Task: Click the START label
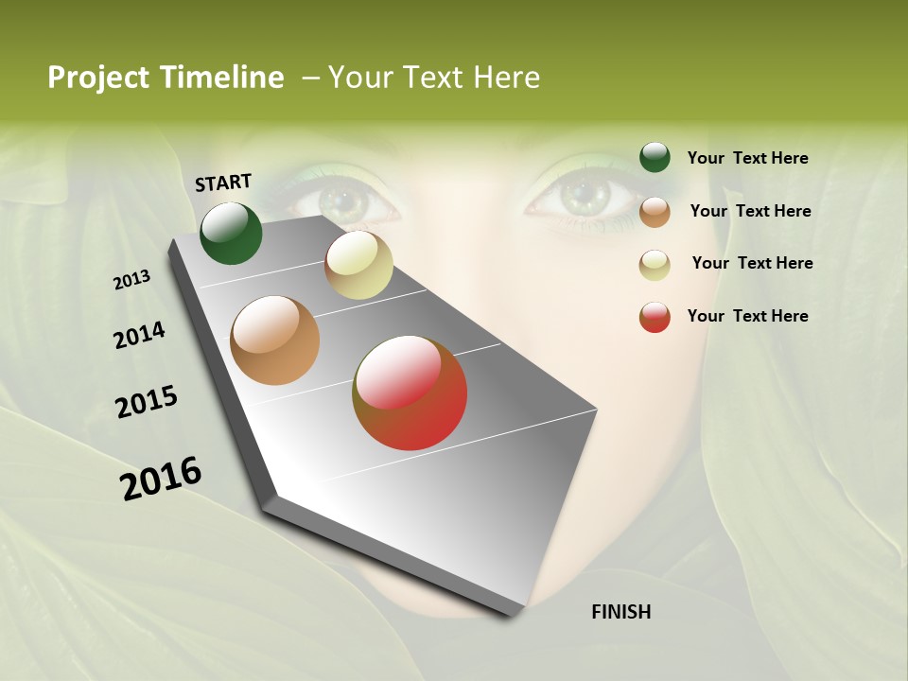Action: pyautogui.click(x=223, y=183)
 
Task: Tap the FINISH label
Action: pyautogui.click(x=620, y=612)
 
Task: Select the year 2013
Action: pyautogui.click(x=131, y=280)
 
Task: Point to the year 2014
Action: pyautogui.click(x=139, y=336)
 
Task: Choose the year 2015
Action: pyautogui.click(x=147, y=402)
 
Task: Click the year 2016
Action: pyautogui.click(x=161, y=478)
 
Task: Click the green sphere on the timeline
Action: pyautogui.click(x=232, y=233)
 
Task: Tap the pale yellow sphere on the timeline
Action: pyautogui.click(x=358, y=265)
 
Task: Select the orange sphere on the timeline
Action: pyautogui.click(x=275, y=340)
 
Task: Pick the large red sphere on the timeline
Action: pyautogui.click(x=410, y=393)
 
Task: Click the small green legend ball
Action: pyautogui.click(x=655, y=158)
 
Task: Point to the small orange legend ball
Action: pyautogui.click(x=655, y=212)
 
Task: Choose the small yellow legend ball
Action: pyautogui.click(x=655, y=265)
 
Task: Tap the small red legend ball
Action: pyautogui.click(x=655, y=317)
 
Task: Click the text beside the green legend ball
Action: pyautogui.click(x=747, y=159)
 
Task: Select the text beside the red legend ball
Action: pyautogui.click(x=747, y=316)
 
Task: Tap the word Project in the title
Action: pyautogui.click(x=98, y=79)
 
